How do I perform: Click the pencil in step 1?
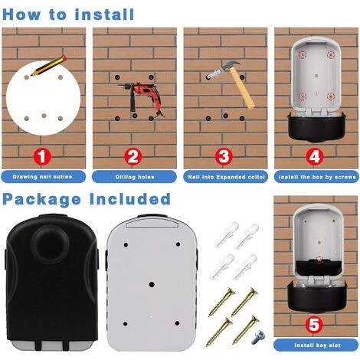[49, 65]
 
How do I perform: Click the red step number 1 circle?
[42, 156]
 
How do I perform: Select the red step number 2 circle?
[133, 156]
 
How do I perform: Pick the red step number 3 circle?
[224, 156]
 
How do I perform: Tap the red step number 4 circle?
[315, 156]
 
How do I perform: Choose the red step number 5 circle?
[314, 325]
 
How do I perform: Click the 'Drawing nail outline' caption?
[42, 177]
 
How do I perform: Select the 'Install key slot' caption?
[317, 345]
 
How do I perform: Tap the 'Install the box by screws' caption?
[317, 177]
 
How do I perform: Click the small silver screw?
[258, 337]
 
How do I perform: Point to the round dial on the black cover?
[50, 242]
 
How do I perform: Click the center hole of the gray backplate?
[152, 284]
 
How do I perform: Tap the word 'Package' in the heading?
[41, 199]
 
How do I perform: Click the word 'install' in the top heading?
[104, 15]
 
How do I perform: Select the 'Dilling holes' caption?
[135, 177]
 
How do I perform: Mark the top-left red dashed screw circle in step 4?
[303, 55]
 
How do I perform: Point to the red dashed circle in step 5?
[319, 260]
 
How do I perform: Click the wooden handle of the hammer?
[243, 89]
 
